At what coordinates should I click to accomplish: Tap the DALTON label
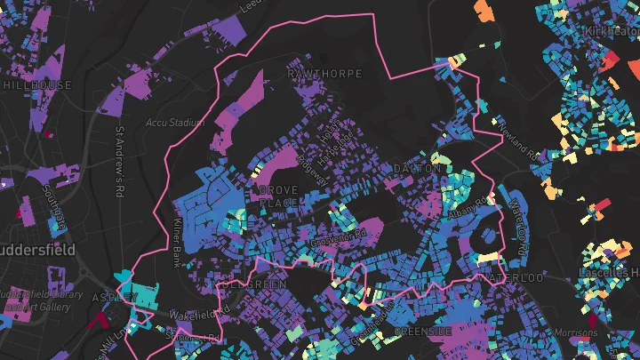416,168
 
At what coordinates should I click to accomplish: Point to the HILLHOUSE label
36,84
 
